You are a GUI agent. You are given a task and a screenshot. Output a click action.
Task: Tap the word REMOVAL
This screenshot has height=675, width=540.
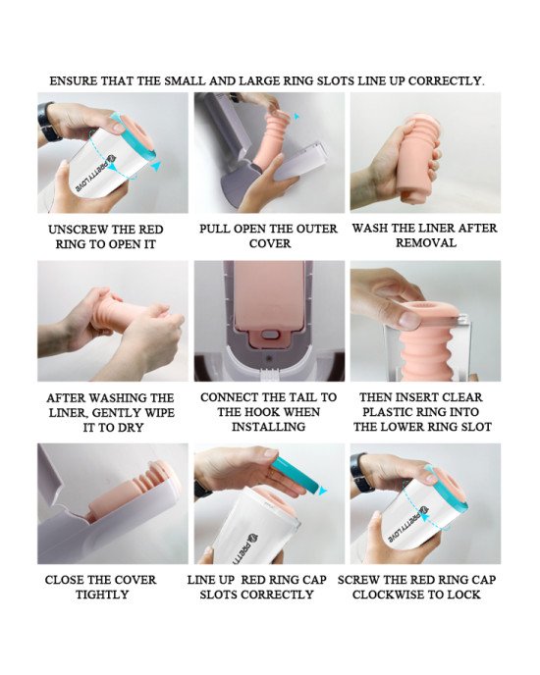[x=426, y=242]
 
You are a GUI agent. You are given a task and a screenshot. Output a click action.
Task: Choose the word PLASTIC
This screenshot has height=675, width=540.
[x=392, y=412]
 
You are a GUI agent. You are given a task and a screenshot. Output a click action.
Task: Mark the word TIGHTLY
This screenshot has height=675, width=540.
[x=102, y=595]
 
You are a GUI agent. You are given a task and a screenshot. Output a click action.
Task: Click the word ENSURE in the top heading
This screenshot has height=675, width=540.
[x=74, y=80]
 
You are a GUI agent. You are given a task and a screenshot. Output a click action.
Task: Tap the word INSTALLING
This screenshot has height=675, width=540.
[x=268, y=427]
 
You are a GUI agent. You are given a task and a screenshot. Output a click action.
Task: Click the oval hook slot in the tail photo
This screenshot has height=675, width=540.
[x=271, y=334]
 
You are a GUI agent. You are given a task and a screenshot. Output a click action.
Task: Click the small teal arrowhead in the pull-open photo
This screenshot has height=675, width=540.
[x=296, y=116]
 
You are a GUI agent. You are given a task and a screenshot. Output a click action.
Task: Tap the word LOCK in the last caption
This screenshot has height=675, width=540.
[x=464, y=595]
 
